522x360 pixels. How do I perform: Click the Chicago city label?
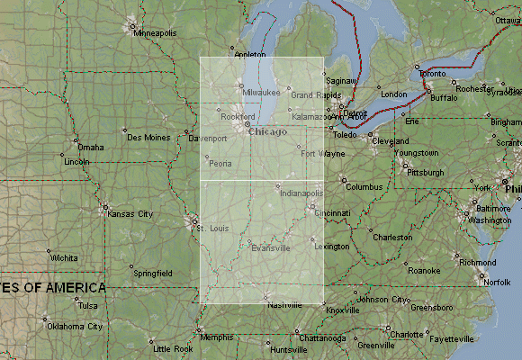click(x=268, y=132)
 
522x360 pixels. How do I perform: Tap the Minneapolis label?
click(x=156, y=32)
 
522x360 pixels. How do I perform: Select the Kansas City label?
click(x=130, y=213)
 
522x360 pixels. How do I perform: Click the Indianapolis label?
click(x=301, y=193)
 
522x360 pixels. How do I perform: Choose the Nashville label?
click(x=284, y=305)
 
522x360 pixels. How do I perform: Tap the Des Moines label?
click(x=148, y=138)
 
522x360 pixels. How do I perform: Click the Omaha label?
click(x=91, y=148)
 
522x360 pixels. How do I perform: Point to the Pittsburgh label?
click(x=426, y=172)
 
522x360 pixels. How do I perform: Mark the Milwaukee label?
click(x=261, y=93)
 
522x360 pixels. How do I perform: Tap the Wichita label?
click(x=63, y=257)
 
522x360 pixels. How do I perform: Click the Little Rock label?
click(x=173, y=348)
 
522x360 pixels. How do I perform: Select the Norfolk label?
click(x=498, y=282)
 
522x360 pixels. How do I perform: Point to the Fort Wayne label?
click(x=322, y=154)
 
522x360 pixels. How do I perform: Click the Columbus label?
click(x=364, y=187)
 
